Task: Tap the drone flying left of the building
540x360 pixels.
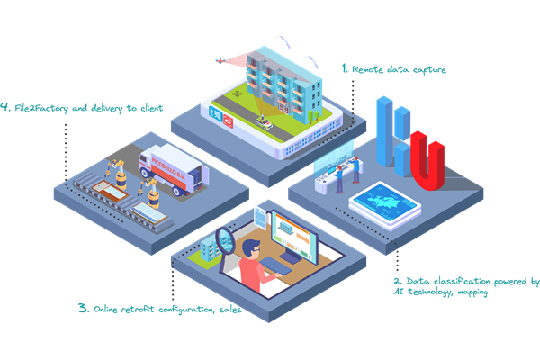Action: point(219,60)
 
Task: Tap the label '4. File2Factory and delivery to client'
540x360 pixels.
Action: point(82,108)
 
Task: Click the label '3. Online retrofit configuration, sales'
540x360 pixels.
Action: point(158,308)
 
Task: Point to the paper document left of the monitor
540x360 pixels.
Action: point(262,216)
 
